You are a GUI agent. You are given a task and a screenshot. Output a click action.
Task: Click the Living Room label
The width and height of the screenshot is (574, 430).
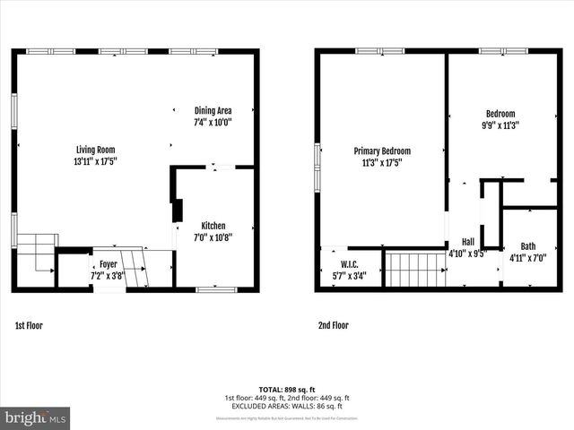tap(95, 150)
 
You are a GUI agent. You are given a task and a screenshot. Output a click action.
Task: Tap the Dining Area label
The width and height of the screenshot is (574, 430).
tap(213, 110)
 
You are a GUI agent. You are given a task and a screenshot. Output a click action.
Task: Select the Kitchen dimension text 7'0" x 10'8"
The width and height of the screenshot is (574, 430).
tap(213, 237)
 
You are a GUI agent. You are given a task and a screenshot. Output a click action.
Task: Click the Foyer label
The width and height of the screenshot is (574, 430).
tap(108, 264)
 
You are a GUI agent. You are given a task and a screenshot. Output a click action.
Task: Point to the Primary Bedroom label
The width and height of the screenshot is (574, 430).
tap(381, 151)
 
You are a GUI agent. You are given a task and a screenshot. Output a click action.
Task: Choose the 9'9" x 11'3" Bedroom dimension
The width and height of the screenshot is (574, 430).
tap(500, 125)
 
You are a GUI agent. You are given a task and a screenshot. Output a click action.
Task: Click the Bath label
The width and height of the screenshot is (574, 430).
tap(528, 246)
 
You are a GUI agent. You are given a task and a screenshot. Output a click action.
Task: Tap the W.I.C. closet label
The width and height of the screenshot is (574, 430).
tap(349, 263)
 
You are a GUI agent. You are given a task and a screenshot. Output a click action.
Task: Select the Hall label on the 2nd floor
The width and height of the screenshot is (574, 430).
tap(467, 242)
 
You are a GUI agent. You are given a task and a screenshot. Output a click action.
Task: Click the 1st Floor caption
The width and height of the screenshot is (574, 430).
tap(29, 326)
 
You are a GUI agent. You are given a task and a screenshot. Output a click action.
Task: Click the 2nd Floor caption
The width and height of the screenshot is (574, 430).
tap(333, 326)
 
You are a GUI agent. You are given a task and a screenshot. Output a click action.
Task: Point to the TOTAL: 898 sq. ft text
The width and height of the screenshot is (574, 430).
tap(287, 390)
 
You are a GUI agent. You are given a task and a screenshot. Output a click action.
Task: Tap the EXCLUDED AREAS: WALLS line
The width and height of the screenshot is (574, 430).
tap(287, 405)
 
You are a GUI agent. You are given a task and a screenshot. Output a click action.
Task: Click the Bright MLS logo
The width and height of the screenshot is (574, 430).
tap(36, 417)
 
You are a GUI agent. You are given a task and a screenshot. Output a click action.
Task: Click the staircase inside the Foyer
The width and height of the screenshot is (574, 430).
tap(135, 268)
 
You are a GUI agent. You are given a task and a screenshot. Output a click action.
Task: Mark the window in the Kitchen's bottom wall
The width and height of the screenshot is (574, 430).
tap(216, 289)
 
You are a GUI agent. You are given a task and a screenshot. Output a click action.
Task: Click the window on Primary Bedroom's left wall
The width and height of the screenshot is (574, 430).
tap(317, 168)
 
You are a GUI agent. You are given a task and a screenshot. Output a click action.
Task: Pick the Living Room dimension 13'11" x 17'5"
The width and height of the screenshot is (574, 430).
tap(95, 161)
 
